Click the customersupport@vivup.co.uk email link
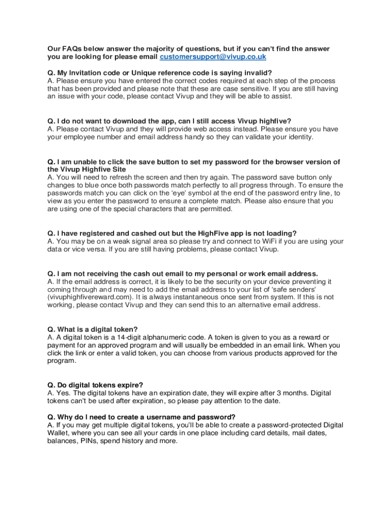click(213, 56)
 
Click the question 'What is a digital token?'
click(93, 329)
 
